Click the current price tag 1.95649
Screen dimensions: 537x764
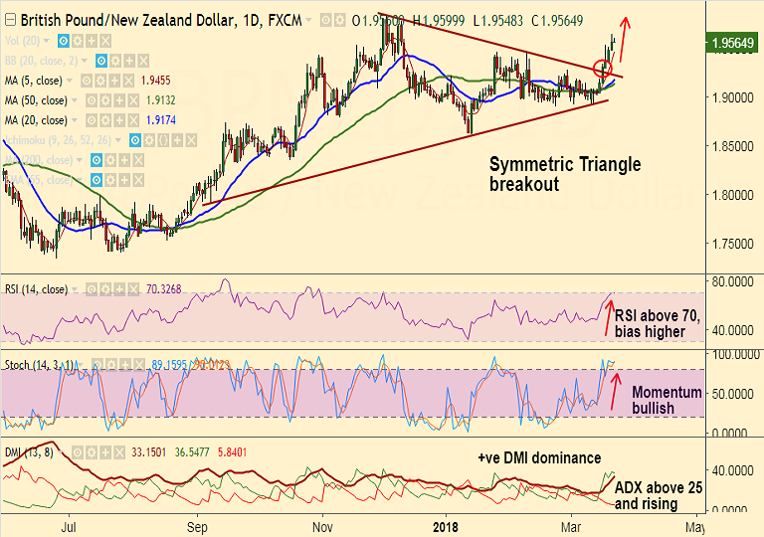pyautogui.click(x=733, y=44)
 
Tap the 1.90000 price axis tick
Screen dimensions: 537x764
pyautogui.click(x=732, y=97)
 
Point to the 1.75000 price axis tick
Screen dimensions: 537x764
pyautogui.click(x=732, y=244)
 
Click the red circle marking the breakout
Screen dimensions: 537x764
pyautogui.click(x=602, y=69)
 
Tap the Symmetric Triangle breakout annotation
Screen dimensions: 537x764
pyautogui.click(x=565, y=174)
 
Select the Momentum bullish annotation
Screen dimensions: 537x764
pyautogui.click(x=668, y=400)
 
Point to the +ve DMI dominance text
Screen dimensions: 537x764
pyautogui.click(x=538, y=457)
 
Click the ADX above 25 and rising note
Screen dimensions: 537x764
pyautogui.click(x=657, y=496)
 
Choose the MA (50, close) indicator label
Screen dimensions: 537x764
pyautogui.click(x=37, y=100)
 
